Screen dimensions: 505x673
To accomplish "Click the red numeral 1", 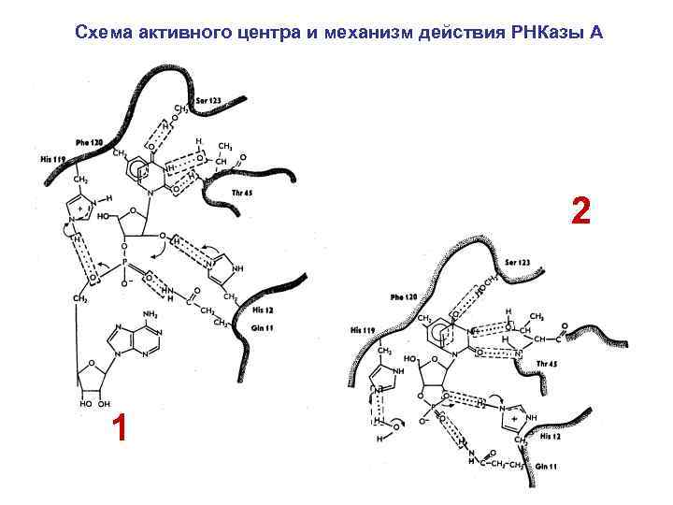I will [x=118, y=428].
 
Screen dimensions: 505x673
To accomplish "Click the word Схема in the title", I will [x=104, y=34].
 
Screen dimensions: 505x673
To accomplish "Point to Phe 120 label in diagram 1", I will [x=90, y=142].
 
